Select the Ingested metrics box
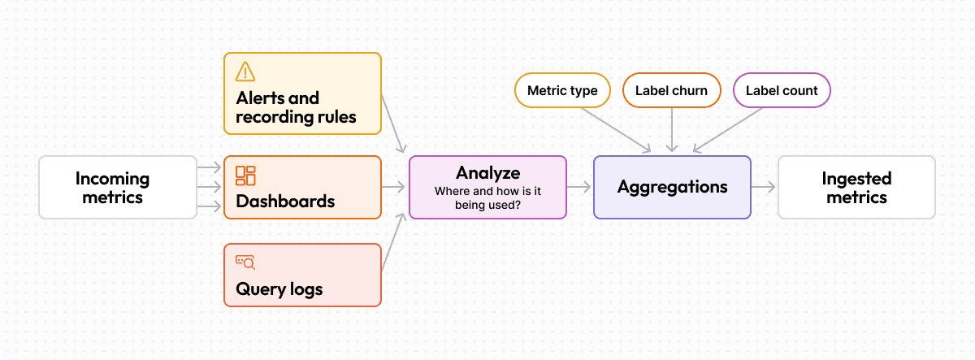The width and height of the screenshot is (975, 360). coord(856,187)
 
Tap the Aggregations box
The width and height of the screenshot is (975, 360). coord(672,187)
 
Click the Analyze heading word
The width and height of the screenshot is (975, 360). coord(487,172)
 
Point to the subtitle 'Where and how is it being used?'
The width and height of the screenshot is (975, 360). coord(487,198)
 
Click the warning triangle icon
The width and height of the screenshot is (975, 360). coord(245,72)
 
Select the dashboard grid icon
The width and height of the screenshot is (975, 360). coord(245,175)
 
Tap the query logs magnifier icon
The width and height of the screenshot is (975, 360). coord(245,262)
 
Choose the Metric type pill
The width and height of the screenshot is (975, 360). coord(562,90)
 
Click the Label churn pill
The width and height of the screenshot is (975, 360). coord(671,90)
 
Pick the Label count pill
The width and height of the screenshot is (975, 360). coord(782,90)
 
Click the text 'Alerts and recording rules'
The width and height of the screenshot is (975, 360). coord(296,107)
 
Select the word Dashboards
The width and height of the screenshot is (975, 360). coord(285,201)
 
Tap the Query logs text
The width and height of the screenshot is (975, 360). coord(279,288)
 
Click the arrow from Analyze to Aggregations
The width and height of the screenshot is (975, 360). coord(579,187)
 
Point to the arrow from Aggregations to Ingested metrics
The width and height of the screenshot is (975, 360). coord(764,187)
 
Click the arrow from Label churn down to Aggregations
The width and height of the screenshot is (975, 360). coord(672,128)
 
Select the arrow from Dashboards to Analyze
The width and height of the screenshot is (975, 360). coord(394,187)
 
